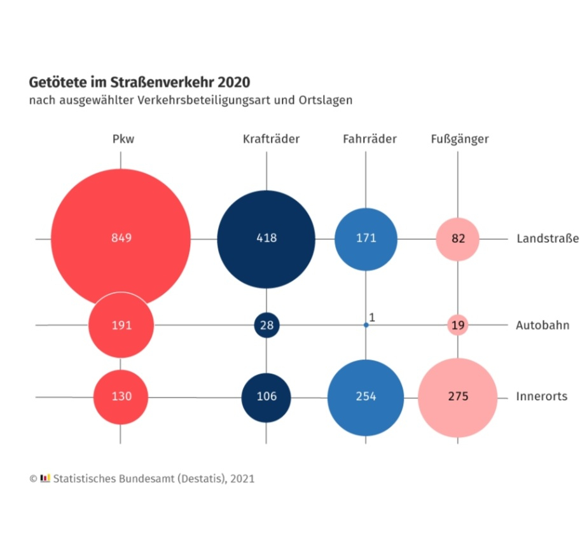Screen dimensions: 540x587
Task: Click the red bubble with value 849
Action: point(121,239)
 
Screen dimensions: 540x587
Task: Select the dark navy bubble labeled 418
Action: point(266,239)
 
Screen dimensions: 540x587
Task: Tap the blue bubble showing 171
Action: point(366,239)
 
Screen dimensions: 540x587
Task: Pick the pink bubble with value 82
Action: point(457,239)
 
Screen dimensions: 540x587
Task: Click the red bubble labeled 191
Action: point(121,325)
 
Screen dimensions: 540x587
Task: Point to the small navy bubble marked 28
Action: point(266,325)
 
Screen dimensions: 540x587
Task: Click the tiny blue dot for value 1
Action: point(366,325)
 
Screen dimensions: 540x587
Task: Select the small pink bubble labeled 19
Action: point(457,325)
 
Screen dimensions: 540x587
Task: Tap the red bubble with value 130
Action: point(121,396)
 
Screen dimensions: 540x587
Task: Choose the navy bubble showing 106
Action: point(266,397)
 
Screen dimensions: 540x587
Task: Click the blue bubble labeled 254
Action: point(366,397)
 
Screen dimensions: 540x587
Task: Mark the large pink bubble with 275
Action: point(457,397)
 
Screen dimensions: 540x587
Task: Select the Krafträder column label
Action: point(271,139)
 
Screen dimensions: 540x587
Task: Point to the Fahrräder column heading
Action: point(369,139)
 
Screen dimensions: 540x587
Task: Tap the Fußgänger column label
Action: point(460,139)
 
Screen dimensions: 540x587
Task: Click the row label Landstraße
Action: point(548,239)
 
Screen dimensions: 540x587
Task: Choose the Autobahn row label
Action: point(542,326)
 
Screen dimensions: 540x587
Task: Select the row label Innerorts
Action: point(542,397)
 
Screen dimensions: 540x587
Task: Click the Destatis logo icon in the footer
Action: point(45,478)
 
